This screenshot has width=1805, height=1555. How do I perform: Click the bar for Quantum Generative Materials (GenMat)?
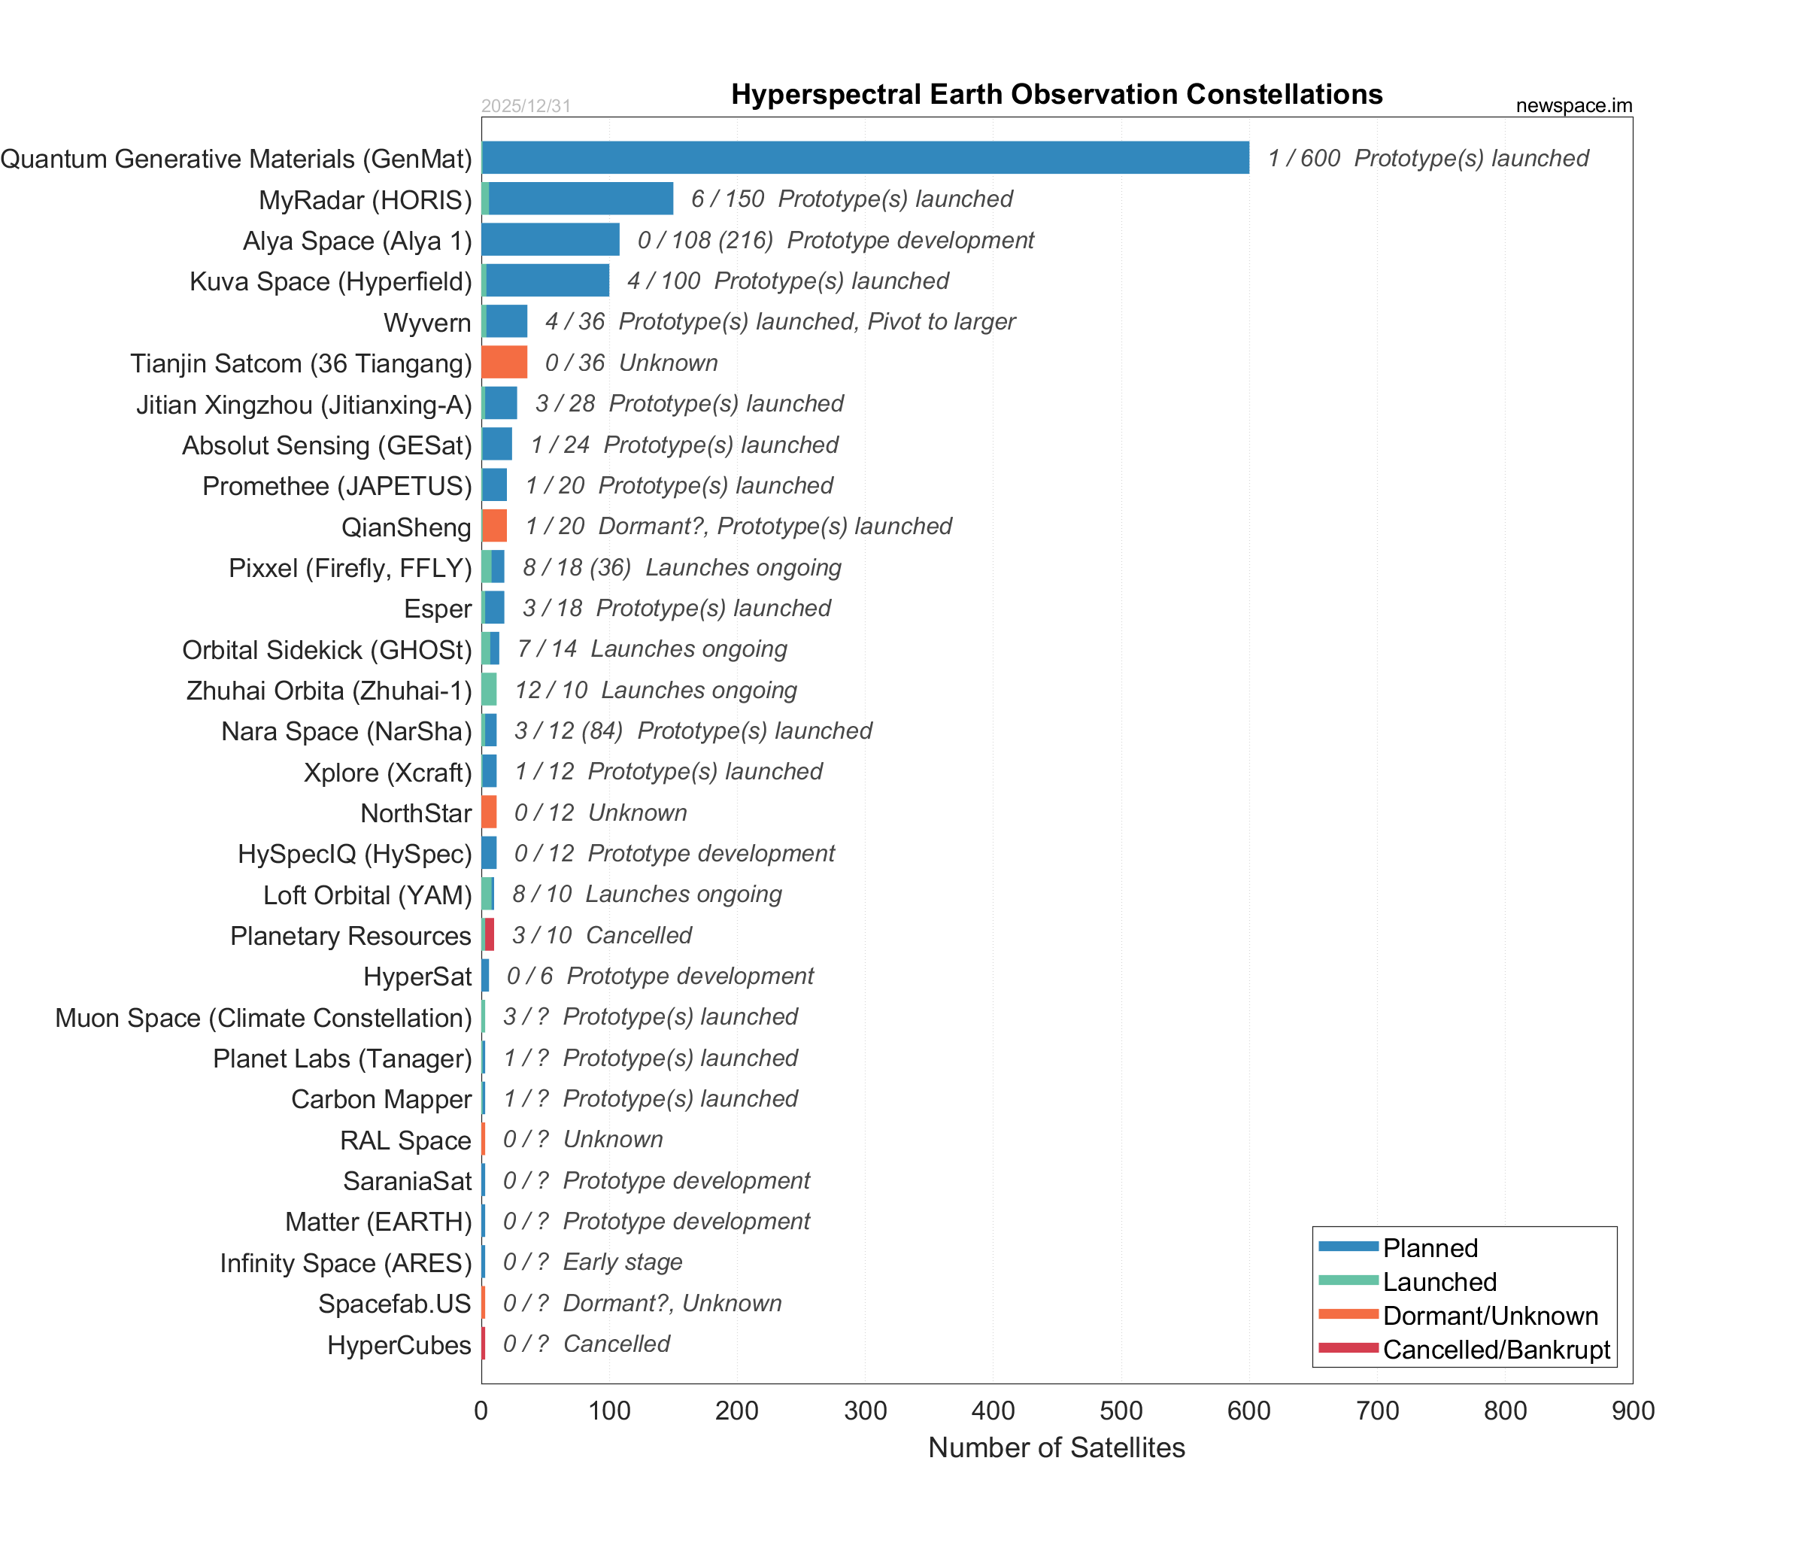(865, 158)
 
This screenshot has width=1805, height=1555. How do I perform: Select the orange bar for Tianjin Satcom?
(505, 363)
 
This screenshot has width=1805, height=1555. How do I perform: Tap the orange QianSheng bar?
(495, 526)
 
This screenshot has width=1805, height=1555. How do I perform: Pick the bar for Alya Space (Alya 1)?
(551, 239)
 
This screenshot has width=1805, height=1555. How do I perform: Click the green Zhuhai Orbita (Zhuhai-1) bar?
(490, 690)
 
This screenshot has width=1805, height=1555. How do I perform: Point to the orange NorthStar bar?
(490, 812)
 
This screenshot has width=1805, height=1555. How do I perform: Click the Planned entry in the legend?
(1430, 1247)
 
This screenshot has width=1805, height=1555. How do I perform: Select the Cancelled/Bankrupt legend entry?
(1496, 1350)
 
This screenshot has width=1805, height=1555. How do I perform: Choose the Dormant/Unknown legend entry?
(1490, 1316)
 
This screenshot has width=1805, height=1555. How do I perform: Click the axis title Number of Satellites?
(1057, 1447)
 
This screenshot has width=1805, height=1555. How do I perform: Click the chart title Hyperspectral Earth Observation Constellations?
(1057, 94)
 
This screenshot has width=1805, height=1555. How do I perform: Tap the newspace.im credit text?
(1573, 105)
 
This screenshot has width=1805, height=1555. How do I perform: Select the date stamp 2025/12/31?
(526, 106)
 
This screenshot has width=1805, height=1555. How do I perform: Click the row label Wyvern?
(427, 322)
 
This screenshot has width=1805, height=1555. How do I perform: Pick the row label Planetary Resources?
(350, 936)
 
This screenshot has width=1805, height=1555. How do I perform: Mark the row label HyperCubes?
(399, 1345)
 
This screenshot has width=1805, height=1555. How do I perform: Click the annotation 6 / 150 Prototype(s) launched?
(851, 199)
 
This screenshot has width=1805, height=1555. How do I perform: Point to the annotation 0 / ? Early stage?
(593, 1262)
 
